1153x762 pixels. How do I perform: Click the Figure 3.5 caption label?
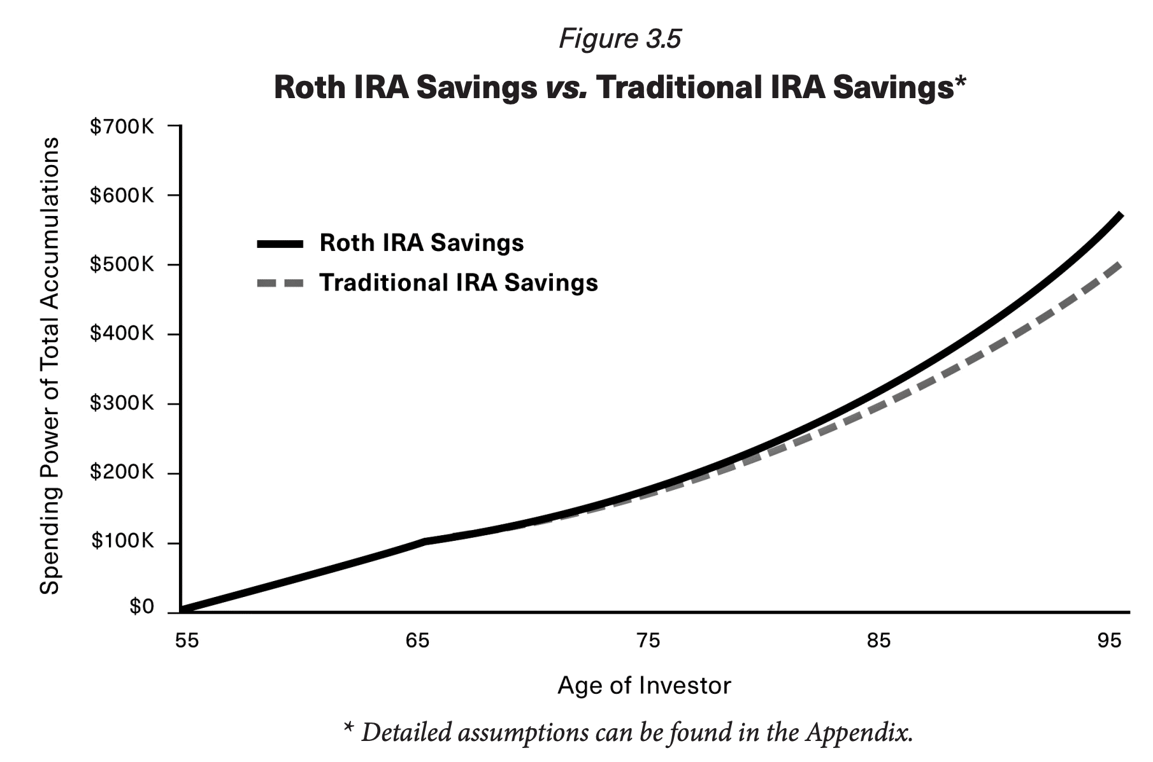(x=619, y=39)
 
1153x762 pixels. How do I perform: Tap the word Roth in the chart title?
(x=310, y=87)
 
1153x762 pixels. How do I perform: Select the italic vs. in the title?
(x=566, y=87)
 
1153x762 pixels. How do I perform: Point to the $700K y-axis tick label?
(x=122, y=127)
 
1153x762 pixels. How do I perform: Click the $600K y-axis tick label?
(x=122, y=196)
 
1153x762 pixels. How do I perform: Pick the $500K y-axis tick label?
(x=122, y=265)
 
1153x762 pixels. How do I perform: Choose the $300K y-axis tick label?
(x=122, y=403)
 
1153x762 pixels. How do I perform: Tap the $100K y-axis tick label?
(x=122, y=542)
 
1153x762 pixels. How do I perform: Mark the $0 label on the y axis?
(x=141, y=607)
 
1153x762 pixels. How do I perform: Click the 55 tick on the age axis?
(x=187, y=640)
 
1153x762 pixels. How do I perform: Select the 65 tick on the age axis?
(x=417, y=640)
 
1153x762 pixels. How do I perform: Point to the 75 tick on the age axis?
(x=648, y=640)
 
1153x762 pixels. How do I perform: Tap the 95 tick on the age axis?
(x=1109, y=640)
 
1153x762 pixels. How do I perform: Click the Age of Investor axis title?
(x=644, y=686)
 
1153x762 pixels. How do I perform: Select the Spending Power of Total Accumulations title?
(x=50, y=366)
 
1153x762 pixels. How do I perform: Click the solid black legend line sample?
(x=280, y=243)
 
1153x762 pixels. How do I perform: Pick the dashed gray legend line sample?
(x=280, y=283)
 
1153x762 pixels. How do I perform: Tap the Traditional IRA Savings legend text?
(x=459, y=283)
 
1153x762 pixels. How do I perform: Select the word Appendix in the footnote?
(x=858, y=732)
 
